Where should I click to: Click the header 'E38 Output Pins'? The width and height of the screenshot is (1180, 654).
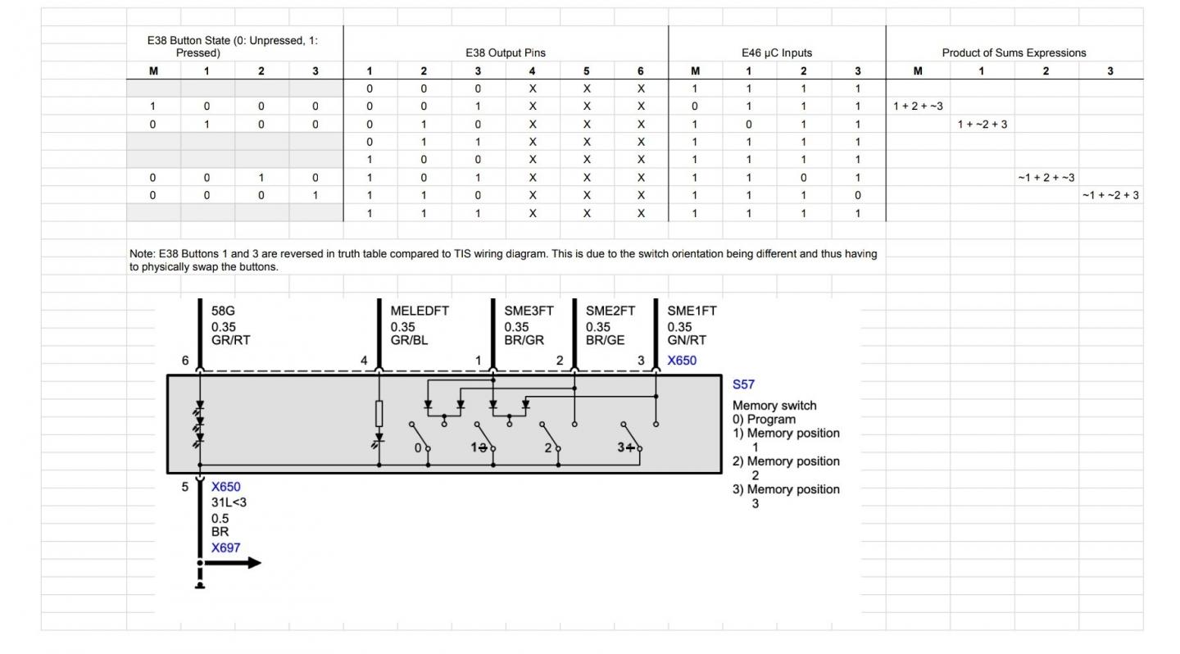(x=505, y=52)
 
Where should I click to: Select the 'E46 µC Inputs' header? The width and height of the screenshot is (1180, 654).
(x=776, y=52)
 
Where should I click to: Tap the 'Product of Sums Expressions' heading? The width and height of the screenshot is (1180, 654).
(x=1014, y=52)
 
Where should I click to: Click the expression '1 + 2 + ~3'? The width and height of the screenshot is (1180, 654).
(x=918, y=106)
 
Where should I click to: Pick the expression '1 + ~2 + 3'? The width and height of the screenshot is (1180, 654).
(x=982, y=124)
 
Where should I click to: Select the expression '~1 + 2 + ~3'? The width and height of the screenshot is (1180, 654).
(x=1046, y=177)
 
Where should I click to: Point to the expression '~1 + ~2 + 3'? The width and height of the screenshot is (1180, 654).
(x=1110, y=195)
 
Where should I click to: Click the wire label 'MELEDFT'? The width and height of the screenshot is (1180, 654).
(x=420, y=311)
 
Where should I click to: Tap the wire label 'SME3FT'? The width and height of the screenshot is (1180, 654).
(x=529, y=311)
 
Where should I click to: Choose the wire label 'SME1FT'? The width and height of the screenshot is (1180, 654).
(x=692, y=311)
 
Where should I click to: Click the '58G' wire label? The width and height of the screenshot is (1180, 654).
(x=223, y=311)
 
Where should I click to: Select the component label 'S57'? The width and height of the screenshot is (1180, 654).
(x=743, y=384)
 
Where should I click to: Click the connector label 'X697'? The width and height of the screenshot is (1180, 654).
(x=226, y=547)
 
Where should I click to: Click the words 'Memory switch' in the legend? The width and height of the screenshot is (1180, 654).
(x=774, y=406)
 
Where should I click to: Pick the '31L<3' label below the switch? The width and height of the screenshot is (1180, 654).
(x=229, y=502)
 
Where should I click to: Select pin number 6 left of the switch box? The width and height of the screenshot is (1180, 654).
(x=186, y=361)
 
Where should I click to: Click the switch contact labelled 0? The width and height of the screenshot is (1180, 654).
(x=418, y=448)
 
